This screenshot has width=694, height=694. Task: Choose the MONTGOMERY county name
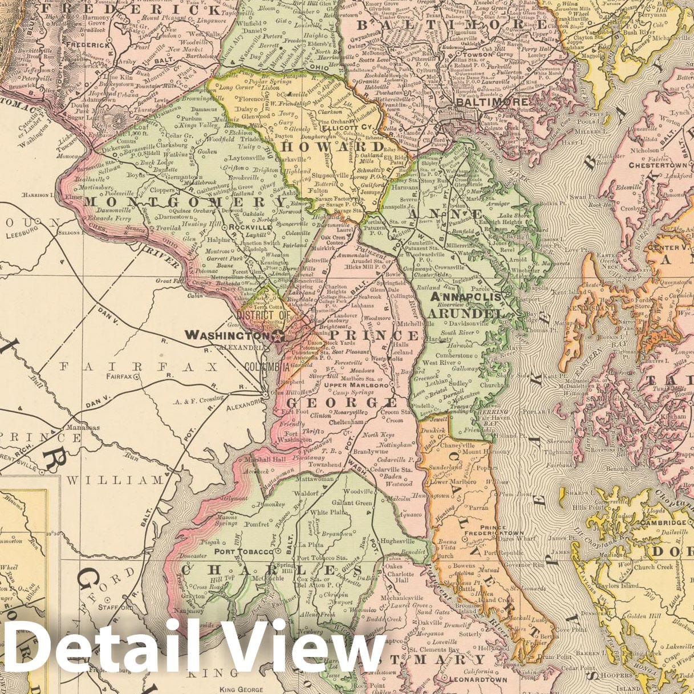[184, 202]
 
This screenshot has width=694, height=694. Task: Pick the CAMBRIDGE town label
[663, 523]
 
